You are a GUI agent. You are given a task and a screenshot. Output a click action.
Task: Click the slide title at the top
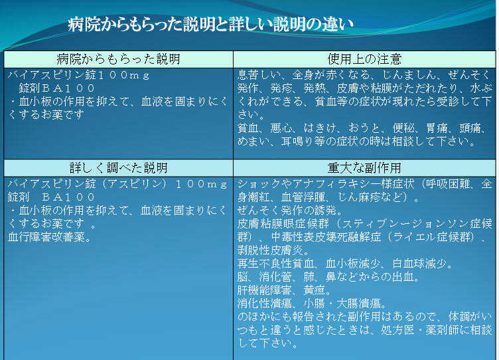pos(210,24)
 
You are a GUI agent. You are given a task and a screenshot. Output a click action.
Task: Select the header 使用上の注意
pos(364,59)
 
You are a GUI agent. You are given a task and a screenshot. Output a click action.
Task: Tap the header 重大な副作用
pos(364,168)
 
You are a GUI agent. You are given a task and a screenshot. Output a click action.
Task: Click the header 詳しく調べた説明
pos(118,168)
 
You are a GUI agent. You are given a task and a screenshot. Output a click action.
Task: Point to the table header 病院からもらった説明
pos(118,59)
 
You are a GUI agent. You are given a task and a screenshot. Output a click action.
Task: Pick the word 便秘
pos(403,128)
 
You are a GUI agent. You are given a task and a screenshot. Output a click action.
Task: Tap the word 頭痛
pos(470,128)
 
